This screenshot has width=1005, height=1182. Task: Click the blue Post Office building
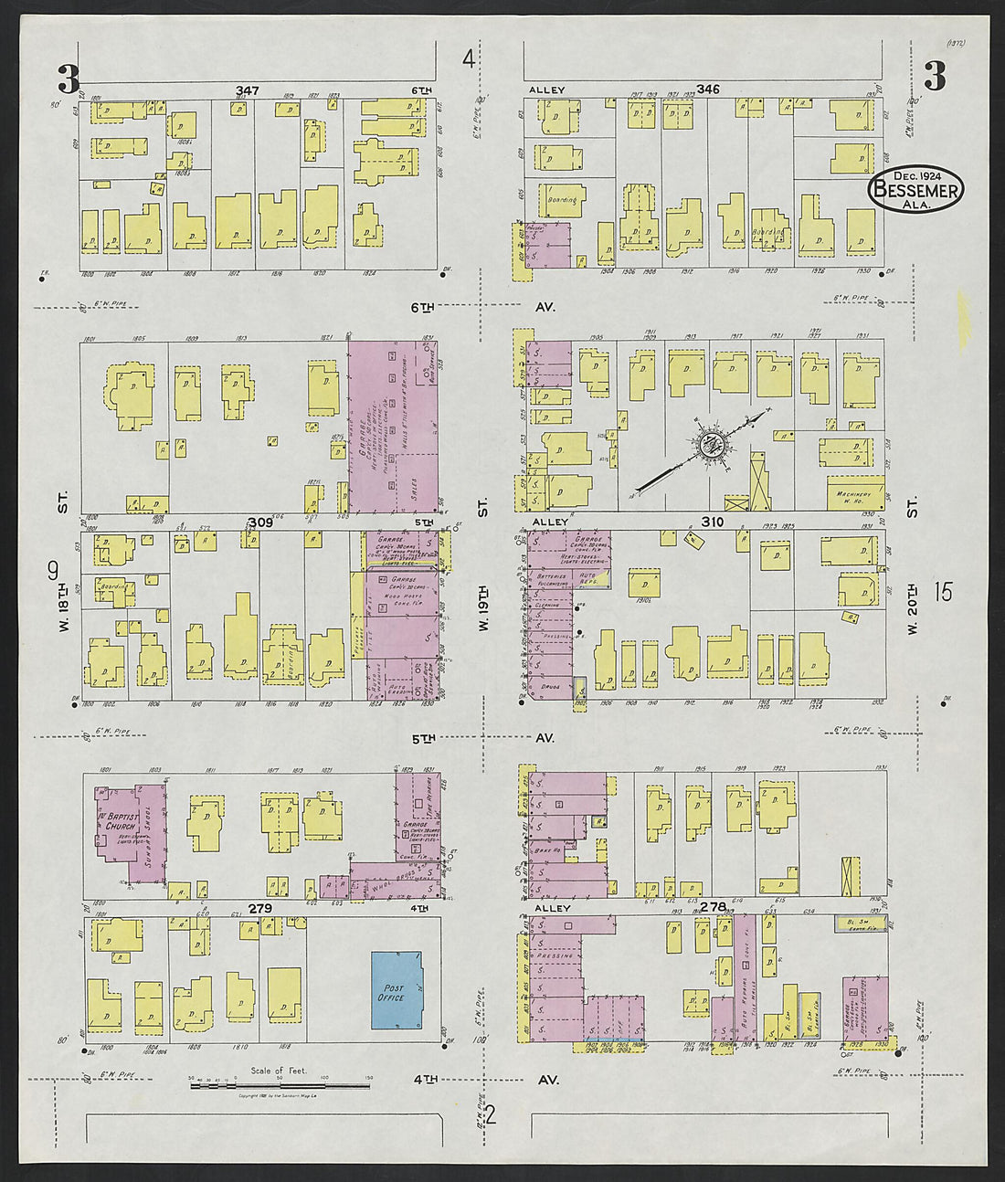[396, 991]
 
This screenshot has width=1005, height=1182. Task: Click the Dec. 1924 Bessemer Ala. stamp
[915, 190]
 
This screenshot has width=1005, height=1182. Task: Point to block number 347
[247, 90]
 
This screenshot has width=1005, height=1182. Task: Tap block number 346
[708, 90]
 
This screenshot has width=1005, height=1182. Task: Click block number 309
[260, 522]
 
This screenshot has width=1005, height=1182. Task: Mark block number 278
[713, 907]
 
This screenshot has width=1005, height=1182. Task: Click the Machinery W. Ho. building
[855, 493]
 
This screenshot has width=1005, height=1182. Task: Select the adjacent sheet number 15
[943, 592]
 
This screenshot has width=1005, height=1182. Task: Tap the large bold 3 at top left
[68, 79]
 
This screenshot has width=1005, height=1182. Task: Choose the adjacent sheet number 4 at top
[469, 60]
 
